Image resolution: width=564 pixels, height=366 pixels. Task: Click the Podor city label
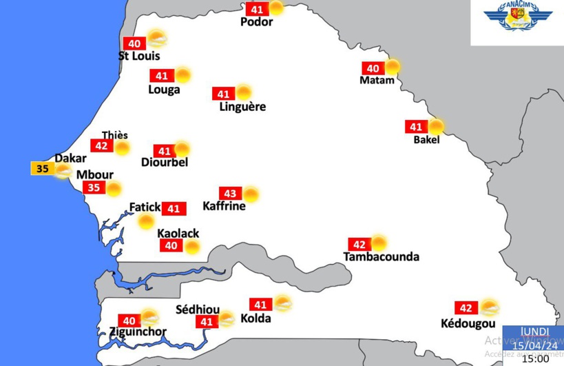tap(256, 22)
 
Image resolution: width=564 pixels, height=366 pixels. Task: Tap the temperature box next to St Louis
tap(134, 43)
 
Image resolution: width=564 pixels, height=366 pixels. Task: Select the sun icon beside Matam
tap(392, 67)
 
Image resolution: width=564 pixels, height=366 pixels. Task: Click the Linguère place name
tap(242, 107)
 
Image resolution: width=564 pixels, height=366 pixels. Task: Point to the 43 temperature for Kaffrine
tap(230, 194)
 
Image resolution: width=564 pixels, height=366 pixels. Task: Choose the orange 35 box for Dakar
tap(42, 167)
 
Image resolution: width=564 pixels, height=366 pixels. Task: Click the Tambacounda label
tap(381, 257)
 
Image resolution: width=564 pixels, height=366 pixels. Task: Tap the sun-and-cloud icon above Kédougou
tap(490, 307)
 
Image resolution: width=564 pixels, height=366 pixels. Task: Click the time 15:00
tap(535, 358)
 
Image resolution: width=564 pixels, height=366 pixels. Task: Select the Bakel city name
tap(426, 140)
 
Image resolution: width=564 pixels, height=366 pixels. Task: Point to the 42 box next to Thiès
tap(101, 146)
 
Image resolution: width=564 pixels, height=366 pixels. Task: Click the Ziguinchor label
tap(138, 332)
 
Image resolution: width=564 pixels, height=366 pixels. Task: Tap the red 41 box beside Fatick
tap(174, 208)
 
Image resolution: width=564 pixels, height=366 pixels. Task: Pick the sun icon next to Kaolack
tap(192, 246)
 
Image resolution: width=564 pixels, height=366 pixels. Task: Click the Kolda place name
tap(255, 318)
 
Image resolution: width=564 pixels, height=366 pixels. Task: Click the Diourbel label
tap(164, 163)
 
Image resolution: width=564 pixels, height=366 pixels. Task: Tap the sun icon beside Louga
tap(182, 75)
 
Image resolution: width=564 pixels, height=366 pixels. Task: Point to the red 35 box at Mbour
tap(93, 188)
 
